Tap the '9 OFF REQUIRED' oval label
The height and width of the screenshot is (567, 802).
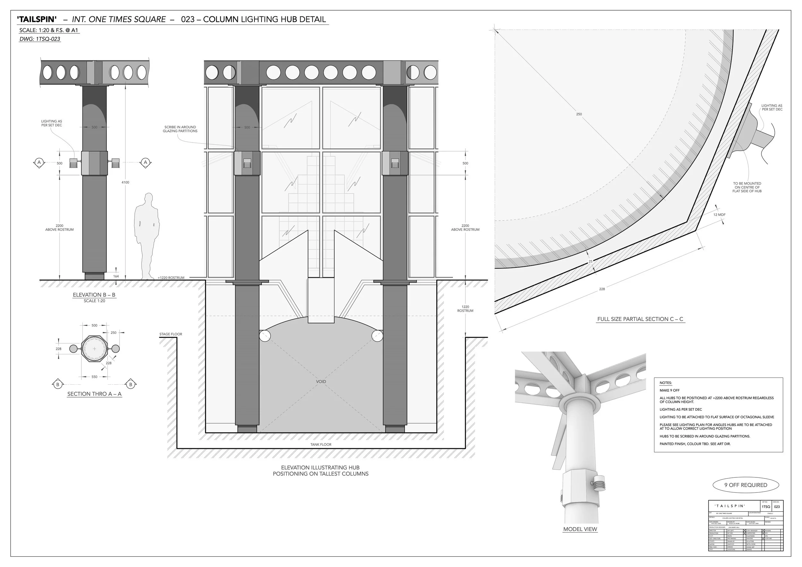click(x=746, y=485)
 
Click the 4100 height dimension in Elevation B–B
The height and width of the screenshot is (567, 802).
click(x=125, y=182)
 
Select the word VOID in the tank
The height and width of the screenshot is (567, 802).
click(x=321, y=381)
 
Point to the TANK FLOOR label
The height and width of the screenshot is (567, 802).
click(x=321, y=445)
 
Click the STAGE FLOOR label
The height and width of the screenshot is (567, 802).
click(x=170, y=334)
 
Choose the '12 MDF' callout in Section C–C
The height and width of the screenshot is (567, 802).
click(x=719, y=215)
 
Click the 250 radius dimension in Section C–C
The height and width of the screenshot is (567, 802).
click(x=579, y=114)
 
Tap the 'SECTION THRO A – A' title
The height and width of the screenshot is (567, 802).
click(x=94, y=394)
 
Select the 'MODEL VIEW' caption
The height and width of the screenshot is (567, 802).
click(x=580, y=529)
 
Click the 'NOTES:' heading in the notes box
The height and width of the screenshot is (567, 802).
click(x=665, y=383)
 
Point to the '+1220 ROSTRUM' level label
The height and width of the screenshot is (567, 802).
click(x=170, y=277)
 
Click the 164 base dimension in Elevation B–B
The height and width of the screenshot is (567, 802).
click(x=116, y=276)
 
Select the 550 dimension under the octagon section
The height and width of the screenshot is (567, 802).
click(x=94, y=377)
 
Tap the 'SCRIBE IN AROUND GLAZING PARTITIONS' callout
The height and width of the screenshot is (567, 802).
click(x=180, y=129)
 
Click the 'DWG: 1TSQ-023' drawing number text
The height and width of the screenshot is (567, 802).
click(x=40, y=39)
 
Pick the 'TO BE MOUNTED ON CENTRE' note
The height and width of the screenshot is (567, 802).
click(x=747, y=187)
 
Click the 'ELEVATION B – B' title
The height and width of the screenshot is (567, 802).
click(x=94, y=295)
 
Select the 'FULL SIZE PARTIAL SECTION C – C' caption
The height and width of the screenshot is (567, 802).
click(x=640, y=319)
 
